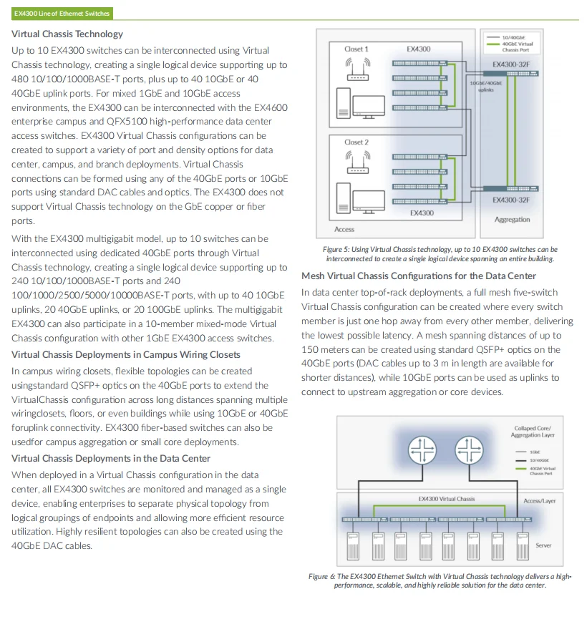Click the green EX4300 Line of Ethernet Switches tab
pyautogui.click(x=62, y=14)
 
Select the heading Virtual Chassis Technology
pyautogui.click(x=67, y=34)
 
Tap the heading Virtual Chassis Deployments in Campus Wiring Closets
pyautogui.click(x=126, y=354)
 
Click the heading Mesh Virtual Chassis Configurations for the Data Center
pyautogui.click(x=419, y=276)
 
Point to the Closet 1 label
pyautogui.click(x=356, y=49)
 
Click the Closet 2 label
pyautogui.click(x=356, y=142)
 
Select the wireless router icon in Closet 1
pyautogui.click(x=356, y=70)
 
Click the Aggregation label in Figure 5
pyautogui.click(x=512, y=220)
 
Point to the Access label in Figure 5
pyautogui.click(x=344, y=229)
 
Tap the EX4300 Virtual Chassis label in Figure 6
pyautogui.click(x=446, y=499)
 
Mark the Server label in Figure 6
pyautogui.click(x=543, y=545)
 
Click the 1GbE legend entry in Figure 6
pyautogui.click(x=535, y=452)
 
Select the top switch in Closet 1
pyautogui.click(x=419, y=63)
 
